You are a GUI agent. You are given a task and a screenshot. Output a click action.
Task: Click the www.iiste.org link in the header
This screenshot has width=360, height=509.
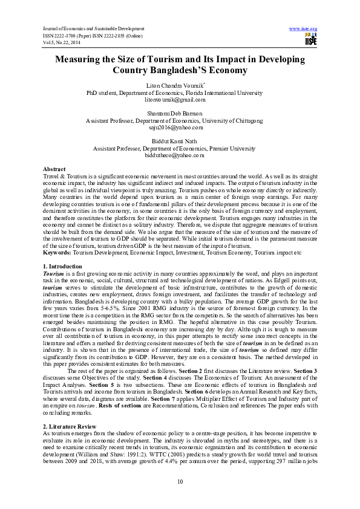click(x=304, y=29)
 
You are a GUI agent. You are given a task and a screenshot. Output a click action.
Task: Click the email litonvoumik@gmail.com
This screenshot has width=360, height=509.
click(x=180, y=100)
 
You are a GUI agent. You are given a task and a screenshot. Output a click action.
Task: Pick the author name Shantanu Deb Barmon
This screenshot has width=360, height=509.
click(x=180, y=114)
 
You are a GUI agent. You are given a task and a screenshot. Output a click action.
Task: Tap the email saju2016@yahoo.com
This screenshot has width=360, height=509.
click(x=180, y=127)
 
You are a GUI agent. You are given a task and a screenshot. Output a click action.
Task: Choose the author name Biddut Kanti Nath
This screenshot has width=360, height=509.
click(x=180, y=140)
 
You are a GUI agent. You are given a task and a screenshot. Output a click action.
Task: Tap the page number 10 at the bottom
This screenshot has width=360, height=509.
click(x=180, y=481)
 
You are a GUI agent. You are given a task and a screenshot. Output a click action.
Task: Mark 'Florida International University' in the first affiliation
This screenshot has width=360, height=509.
click(x=226, y=94)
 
